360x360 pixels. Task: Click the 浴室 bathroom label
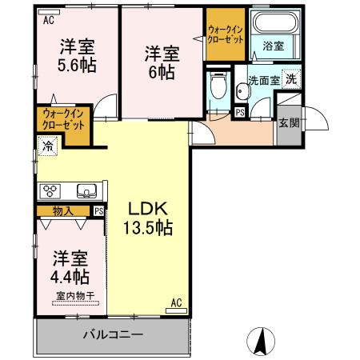click(x=273, y=46)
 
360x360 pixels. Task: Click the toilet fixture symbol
click(x=216, y=86)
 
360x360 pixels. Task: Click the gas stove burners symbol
click(x=50, y=190)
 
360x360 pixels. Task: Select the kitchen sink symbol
click(x=86, y=190)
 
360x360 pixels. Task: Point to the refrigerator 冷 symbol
click(x=49, y=146)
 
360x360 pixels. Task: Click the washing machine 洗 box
click(x=293, y=79)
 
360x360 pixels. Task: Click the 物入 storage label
click(x=63, y=211)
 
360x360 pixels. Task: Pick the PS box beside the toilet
click(x=239, y=113)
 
